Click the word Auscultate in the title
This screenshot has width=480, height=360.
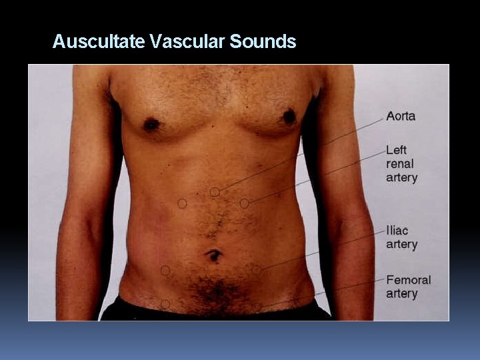point(99,42)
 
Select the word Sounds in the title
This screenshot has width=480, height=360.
point(263,42)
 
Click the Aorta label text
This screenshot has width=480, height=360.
point(401,116)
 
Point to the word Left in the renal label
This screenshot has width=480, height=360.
point(396,150)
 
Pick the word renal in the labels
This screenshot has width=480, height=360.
point(400,164)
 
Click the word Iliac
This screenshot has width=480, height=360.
point(397,231)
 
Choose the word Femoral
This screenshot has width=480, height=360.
point(409,280)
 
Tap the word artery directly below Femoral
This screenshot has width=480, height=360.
point(401,293)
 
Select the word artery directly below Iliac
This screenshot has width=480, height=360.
point(401,244)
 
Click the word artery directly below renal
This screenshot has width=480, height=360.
point(401,178)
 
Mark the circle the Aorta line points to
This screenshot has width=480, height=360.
point(215,192)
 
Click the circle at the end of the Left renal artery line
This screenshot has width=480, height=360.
point(245,203)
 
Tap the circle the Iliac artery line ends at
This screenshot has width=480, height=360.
point(257,270)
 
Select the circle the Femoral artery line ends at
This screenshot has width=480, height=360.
point(257,307)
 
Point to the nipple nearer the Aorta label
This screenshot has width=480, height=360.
point(289,117)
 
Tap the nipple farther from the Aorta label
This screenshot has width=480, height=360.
point(151,124)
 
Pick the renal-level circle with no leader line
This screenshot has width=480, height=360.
point(182,203)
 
